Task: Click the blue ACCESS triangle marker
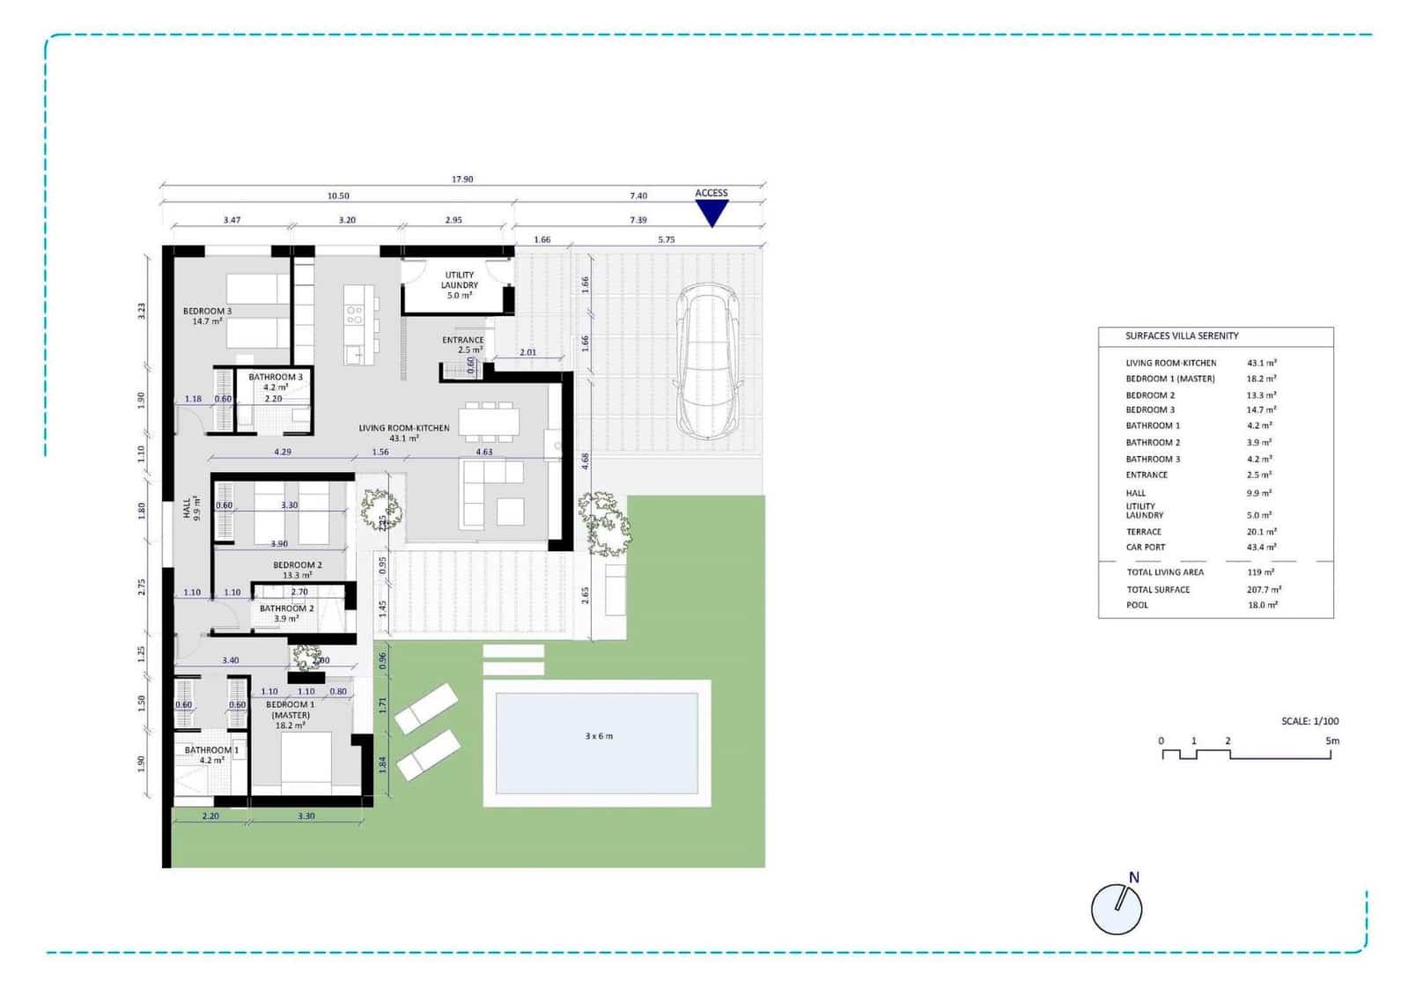(712, 211)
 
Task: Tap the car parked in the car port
(707, 361)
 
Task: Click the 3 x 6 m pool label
(599, 735)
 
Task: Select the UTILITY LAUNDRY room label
(459, 284)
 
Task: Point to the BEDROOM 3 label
(208, 315)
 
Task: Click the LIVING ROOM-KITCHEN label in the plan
(403, 432)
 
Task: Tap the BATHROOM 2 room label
(286, 613)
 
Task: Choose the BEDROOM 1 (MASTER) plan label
(290, 714)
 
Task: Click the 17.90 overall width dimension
(462, 179)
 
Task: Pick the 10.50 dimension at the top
(338, 195)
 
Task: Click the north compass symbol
(1117, 907)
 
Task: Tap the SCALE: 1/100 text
(1309, 721)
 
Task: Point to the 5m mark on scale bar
(1332, 741)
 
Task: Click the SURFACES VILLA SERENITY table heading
(1182, 335)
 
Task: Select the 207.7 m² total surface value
(1264, 589)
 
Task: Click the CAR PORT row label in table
(1145, 547)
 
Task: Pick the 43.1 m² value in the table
(1261, 363)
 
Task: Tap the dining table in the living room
(489, 422)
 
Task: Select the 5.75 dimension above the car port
(666, 240)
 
